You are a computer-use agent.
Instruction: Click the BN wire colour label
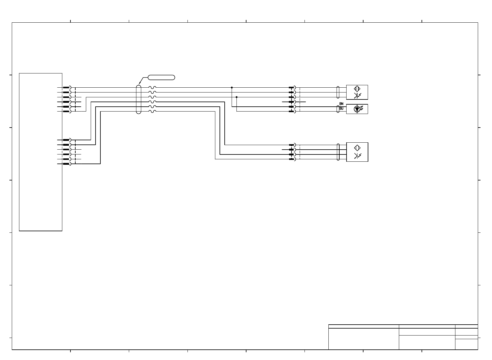(341, 104)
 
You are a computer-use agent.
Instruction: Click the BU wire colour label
(341, 108)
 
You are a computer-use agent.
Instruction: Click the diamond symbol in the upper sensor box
(357, 89)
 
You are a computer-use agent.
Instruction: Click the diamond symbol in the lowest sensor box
(357, 148)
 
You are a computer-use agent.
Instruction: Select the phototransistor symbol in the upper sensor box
(357, 96)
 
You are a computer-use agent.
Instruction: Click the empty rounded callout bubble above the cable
(161, 77)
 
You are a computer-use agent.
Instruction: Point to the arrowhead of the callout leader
(139, 84)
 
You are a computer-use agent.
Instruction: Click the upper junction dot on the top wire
(232, 88)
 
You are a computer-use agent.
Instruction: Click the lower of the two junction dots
(236, 97)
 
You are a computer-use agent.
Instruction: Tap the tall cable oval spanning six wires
(138, 99)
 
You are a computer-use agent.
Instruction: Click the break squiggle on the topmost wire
(152, 88)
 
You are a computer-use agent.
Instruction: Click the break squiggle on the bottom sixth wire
(152, 112)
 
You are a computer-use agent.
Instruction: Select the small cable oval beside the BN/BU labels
(338, 109)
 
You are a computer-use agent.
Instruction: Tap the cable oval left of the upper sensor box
(338, 92)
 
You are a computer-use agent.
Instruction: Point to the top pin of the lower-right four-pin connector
(292, 145)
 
